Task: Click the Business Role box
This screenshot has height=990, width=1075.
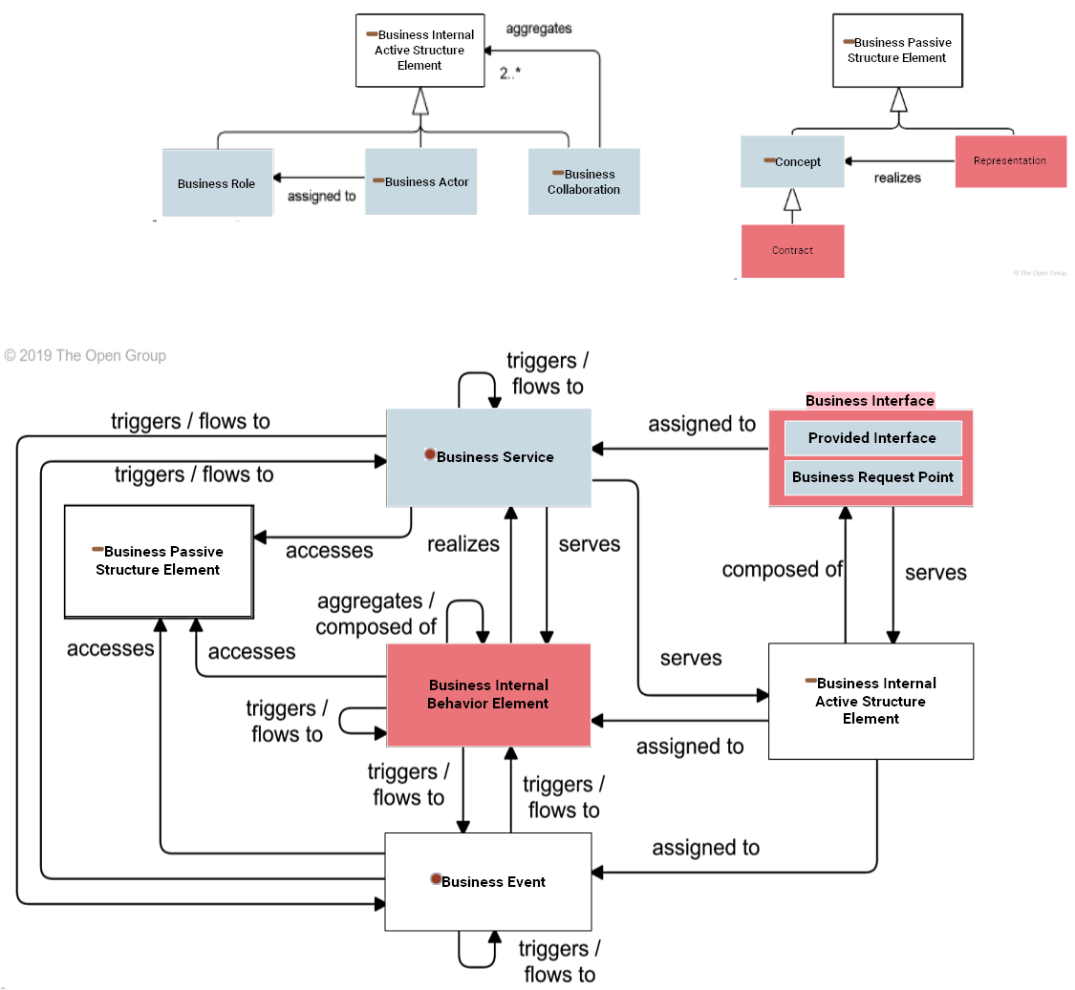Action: click(x=217, y=182)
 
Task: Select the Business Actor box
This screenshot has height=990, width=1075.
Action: click(x=420, y=181)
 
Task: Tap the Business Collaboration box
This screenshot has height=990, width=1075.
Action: click(x=584, y=181)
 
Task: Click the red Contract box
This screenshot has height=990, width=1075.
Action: click(x=792, y=251)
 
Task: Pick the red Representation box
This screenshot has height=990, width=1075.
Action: click(x=1010, y=161)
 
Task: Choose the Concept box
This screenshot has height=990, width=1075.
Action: click(x=792, y=161)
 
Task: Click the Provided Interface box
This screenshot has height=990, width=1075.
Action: click(x=871, y=438)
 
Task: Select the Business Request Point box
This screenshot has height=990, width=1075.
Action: click(x=871, y=477)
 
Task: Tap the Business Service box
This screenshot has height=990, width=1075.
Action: click(x=488, y=457)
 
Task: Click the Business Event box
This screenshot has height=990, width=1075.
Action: click(x=488, y=882)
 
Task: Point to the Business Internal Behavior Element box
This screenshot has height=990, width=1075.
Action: click(x=488, y=694)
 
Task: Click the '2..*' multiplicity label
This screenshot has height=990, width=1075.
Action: click(x=510, y=73)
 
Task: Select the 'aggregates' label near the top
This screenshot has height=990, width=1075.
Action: click(x=539, y=29)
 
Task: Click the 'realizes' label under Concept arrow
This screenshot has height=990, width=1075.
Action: click(x=897, y=178)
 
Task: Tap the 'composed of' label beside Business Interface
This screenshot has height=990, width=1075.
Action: click(x=782, y=570)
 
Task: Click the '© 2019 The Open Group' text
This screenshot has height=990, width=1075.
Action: click(x=85, y=356)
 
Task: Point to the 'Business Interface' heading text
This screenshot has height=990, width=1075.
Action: click(x=870, y=401)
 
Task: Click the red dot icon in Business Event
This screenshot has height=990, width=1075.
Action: click(x=435, y=879)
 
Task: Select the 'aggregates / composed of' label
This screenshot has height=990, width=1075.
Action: click(x=376, y=614)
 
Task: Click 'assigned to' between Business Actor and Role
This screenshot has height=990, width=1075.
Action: click(x=322, y=196)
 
